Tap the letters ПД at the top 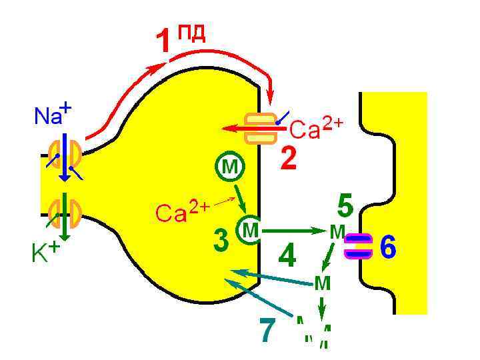tap(191, 31)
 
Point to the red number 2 tap(288, 159)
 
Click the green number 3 tap(221, 241)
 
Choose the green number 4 tap(287, 255)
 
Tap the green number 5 tap(345, 206)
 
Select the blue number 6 tap(388, 247)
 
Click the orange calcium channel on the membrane tap(260, 128)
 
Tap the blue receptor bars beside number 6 tap(359, 246)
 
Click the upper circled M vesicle tap(229, 166)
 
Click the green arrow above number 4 tap(293, 231)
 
